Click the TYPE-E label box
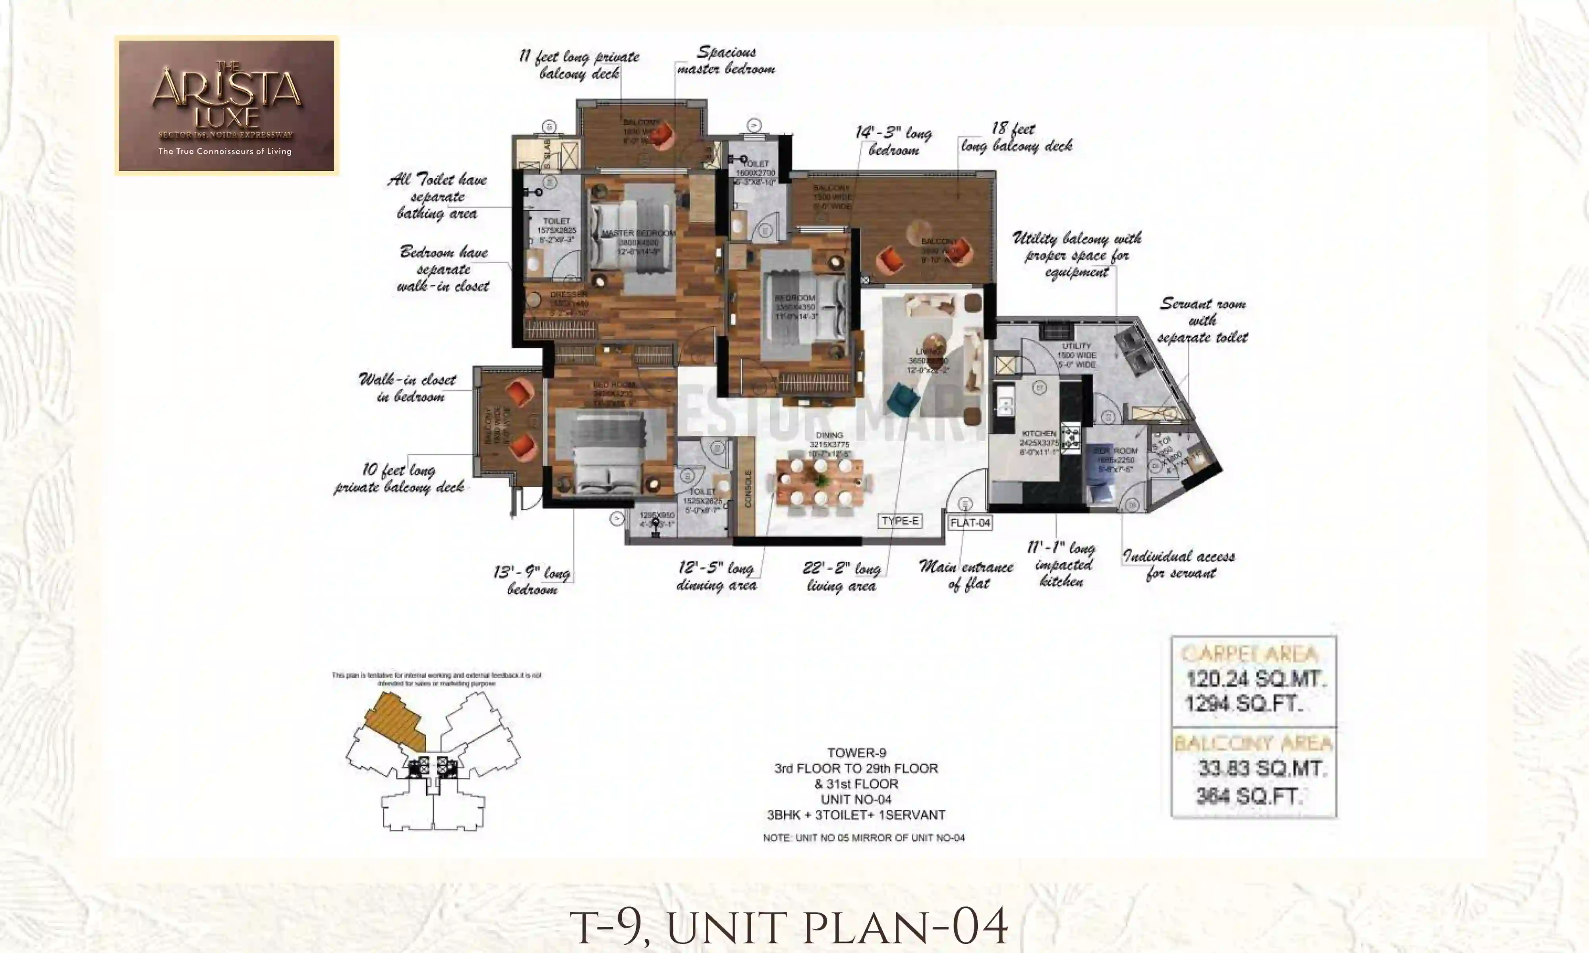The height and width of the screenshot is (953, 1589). (x=900, y=521)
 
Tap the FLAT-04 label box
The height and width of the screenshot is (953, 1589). (x=970, y=523)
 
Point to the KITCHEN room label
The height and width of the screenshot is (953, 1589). (x=1038, y=434)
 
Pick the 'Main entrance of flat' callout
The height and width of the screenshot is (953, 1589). (x=966, y=575)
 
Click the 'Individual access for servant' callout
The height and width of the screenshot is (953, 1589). (x=1179, y=565)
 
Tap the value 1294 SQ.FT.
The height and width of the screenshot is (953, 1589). (x=1243, y=704)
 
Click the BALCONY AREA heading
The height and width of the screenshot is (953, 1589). (x=1253, y=744)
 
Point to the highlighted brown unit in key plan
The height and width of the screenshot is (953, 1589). (x=395, y=722)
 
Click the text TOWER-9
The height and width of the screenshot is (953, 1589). (x=856, y=752)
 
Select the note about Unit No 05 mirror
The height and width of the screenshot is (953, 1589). (x=863, y=838)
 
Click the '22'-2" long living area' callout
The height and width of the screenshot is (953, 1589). (x=841, y=577)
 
